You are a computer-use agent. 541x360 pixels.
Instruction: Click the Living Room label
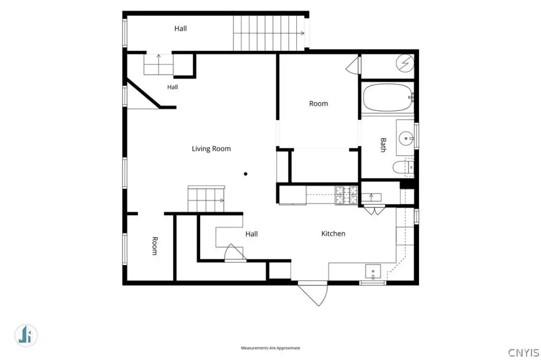tap(211, 149)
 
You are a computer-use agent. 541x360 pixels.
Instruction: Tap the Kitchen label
tap(333, 233)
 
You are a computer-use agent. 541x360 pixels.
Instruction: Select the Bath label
tap(383, 145)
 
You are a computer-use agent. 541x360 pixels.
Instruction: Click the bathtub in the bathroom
tap(388, 97)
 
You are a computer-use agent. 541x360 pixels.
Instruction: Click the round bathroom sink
tap(406, 138)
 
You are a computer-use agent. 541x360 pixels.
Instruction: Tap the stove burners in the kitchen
tap(347, 195)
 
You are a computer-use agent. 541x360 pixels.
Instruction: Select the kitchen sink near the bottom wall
tap(373, 271)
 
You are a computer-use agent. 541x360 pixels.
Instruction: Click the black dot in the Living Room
tap(246, 174)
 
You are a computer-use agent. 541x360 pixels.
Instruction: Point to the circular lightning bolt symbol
tap(405, 63)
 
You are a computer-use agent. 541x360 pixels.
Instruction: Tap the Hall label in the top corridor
tap(181, 29)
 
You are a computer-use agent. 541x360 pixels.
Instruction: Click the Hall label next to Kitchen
tap(251, 234)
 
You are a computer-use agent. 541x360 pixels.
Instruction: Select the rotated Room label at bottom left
tap(155, 246)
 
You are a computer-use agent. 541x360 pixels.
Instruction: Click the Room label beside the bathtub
tap(319, 103)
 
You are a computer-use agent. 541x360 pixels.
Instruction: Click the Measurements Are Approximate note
tap(270, 348)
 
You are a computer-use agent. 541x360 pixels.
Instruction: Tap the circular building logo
tap(26, 335)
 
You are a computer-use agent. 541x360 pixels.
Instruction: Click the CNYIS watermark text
tap(524, 353)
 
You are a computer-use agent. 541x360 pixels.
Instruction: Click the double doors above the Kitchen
tap(375, 210)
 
